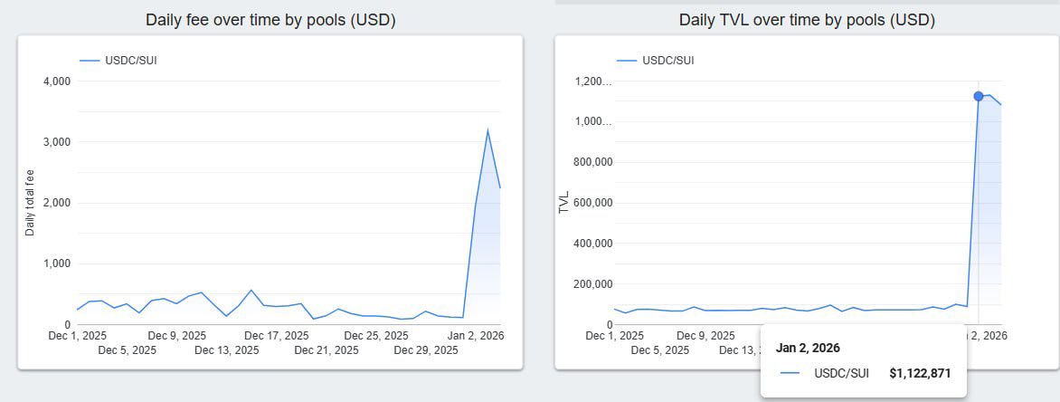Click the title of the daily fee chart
click(x=270, y=20)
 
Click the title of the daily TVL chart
click(x=807, y=20)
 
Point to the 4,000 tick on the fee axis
click(x=56, y=81)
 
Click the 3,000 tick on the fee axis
click(x=56, y=142)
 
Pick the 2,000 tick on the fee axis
click(x=56, y=203)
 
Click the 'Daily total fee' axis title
click(x=30, y=203)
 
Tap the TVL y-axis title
click(x=564, y=202)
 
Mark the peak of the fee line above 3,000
click(x=487, y=130)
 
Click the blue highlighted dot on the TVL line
click(x=979, y=96)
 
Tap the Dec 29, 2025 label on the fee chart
click(x=424, y=350)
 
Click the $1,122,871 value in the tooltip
click(x=920, y=373)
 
